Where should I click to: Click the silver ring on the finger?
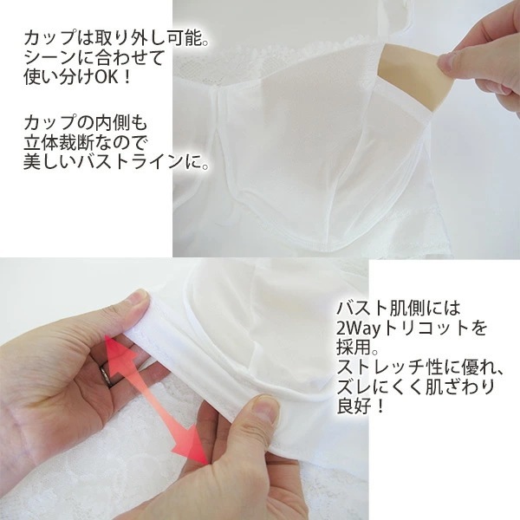pyautogui.click(x=106, y=374)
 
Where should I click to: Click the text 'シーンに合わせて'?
pyautogui.click(x=94, y=58)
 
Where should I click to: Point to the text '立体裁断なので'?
pyautogui.click(x=85, y=143)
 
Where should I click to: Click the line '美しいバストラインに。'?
pyautogui.click(x=116, y=163)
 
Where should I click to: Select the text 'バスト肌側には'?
pyautogui.click(x=399, y=309)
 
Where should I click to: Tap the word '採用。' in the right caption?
pyautogui.click(x=357, y=348)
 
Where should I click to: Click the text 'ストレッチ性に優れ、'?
pyautogui.click(x=420, y=367)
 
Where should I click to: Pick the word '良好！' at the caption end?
pyautogui.click(x=361, y=406)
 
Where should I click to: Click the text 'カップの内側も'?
pyautogui.click(x=85, y=124)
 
